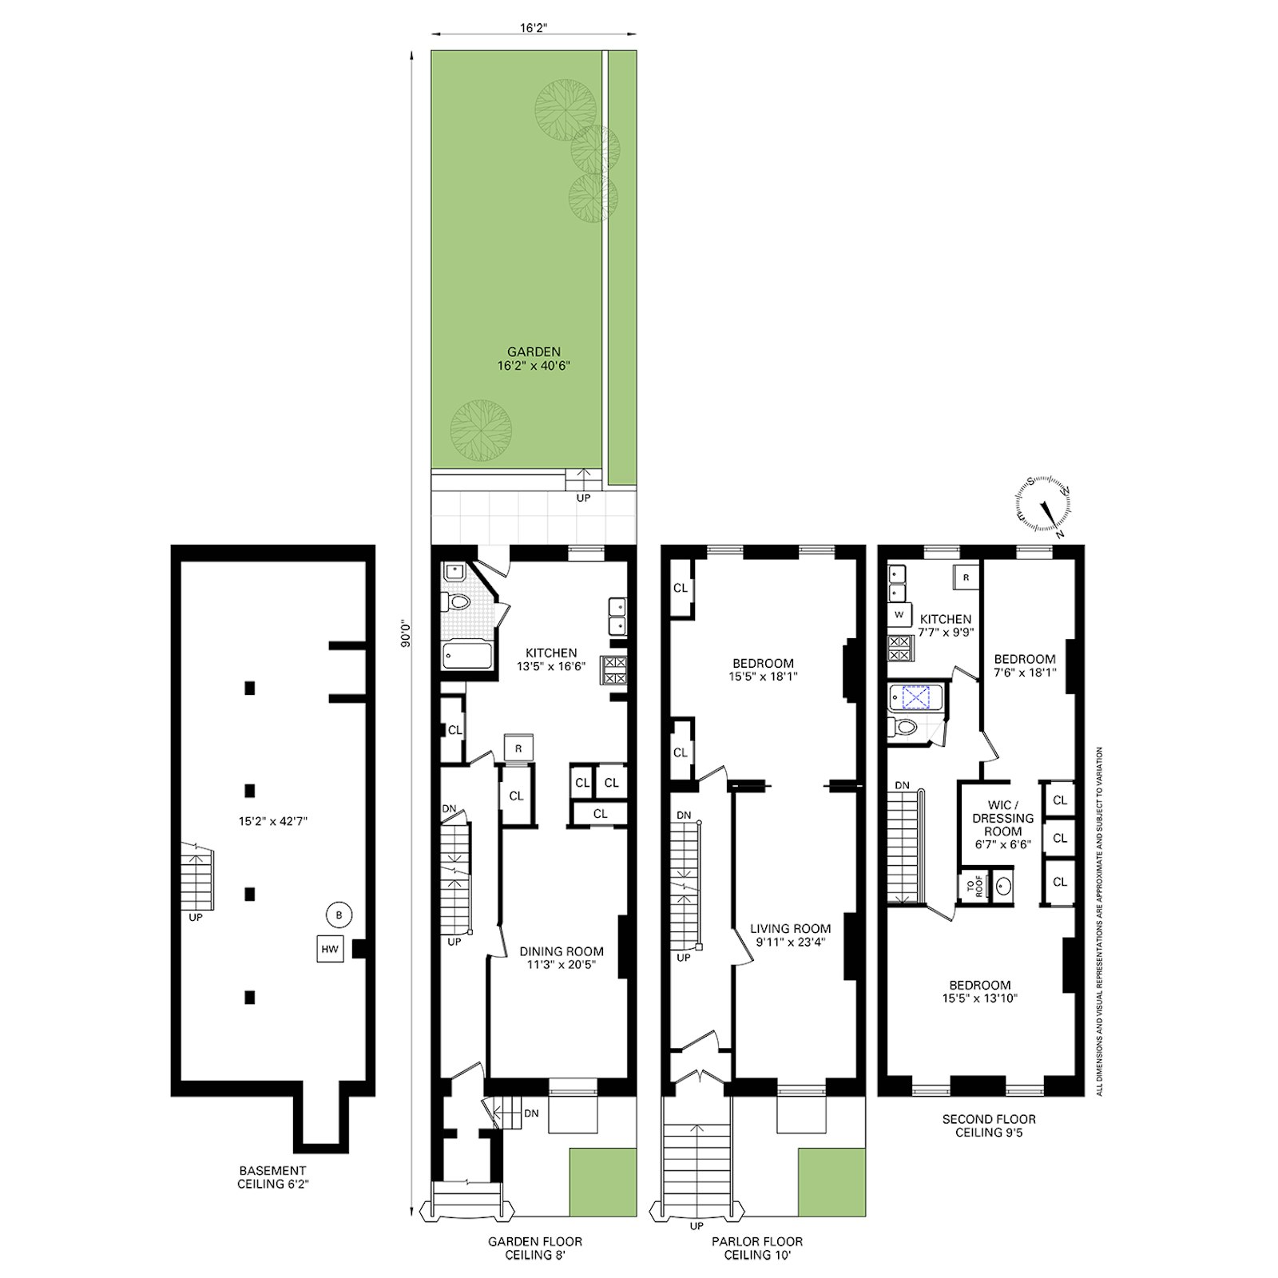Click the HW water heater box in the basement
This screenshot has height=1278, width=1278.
[330, 949]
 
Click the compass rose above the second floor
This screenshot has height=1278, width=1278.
[1043, 506]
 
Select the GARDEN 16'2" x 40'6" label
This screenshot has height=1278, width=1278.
[534, 359]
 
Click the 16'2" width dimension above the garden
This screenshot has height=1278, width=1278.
[533, 26]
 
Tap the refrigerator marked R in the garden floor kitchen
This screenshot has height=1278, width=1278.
[518, 748]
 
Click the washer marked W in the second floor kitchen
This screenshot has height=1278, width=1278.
[899, 615]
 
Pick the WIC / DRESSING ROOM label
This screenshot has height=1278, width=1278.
[1002, 824]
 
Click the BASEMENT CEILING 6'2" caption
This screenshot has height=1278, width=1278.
[272, 1177]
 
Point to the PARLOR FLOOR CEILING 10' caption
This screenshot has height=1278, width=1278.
[757, 1248]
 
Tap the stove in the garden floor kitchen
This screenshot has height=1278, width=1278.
[614, 669]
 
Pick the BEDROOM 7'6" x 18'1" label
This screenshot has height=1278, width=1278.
[1025, 665]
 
